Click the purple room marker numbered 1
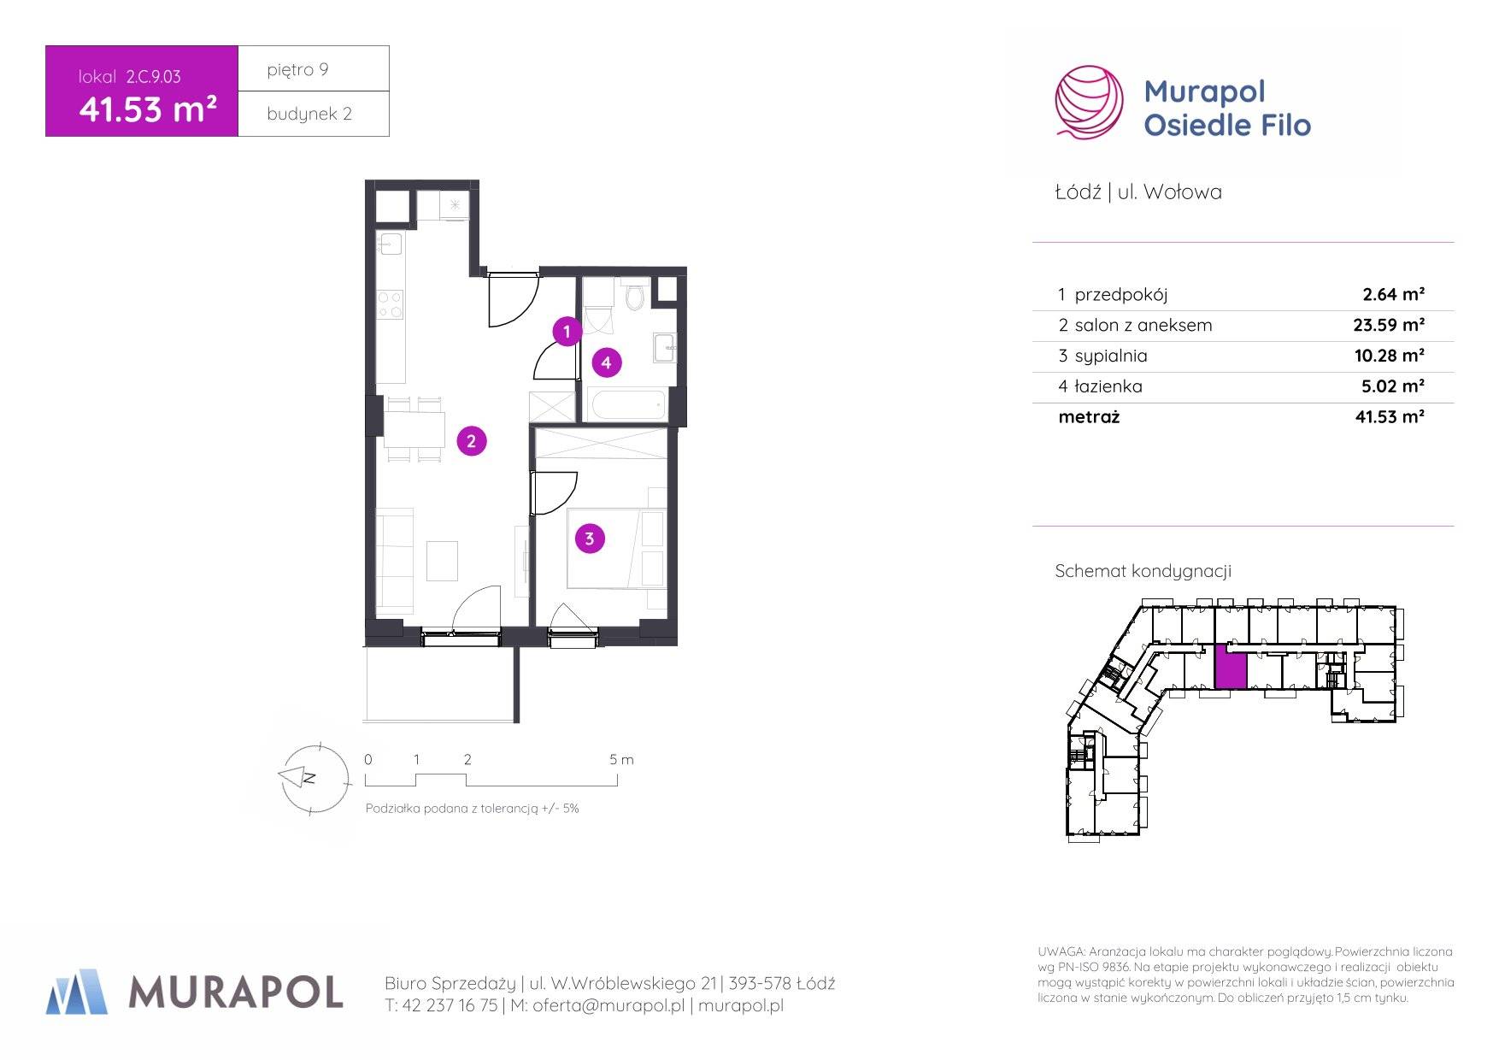(x=567, y=332)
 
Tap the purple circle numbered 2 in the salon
(x=472, y=441)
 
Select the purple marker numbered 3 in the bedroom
(x=590, y=539)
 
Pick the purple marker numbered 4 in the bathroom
(x=607, y=362)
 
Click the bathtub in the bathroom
(x=628, y=404)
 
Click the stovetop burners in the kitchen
(x=391, y=304)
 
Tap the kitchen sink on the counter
(x=391, y=244)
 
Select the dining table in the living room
(x=414, y=430)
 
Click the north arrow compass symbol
(x=314, y=778)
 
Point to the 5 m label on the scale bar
(x=621, y=759)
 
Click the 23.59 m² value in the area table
(x=1389, y=325)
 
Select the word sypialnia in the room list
(x=1111, y=356)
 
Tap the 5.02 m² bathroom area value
(x=1392, y=386)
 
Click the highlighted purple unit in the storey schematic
(x=1231, y=666)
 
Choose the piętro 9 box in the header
(x=314, y=68)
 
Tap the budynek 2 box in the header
(x=314, y=114)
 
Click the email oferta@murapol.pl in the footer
(x=608, y=1006)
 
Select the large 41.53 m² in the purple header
(x=147, y=109)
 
